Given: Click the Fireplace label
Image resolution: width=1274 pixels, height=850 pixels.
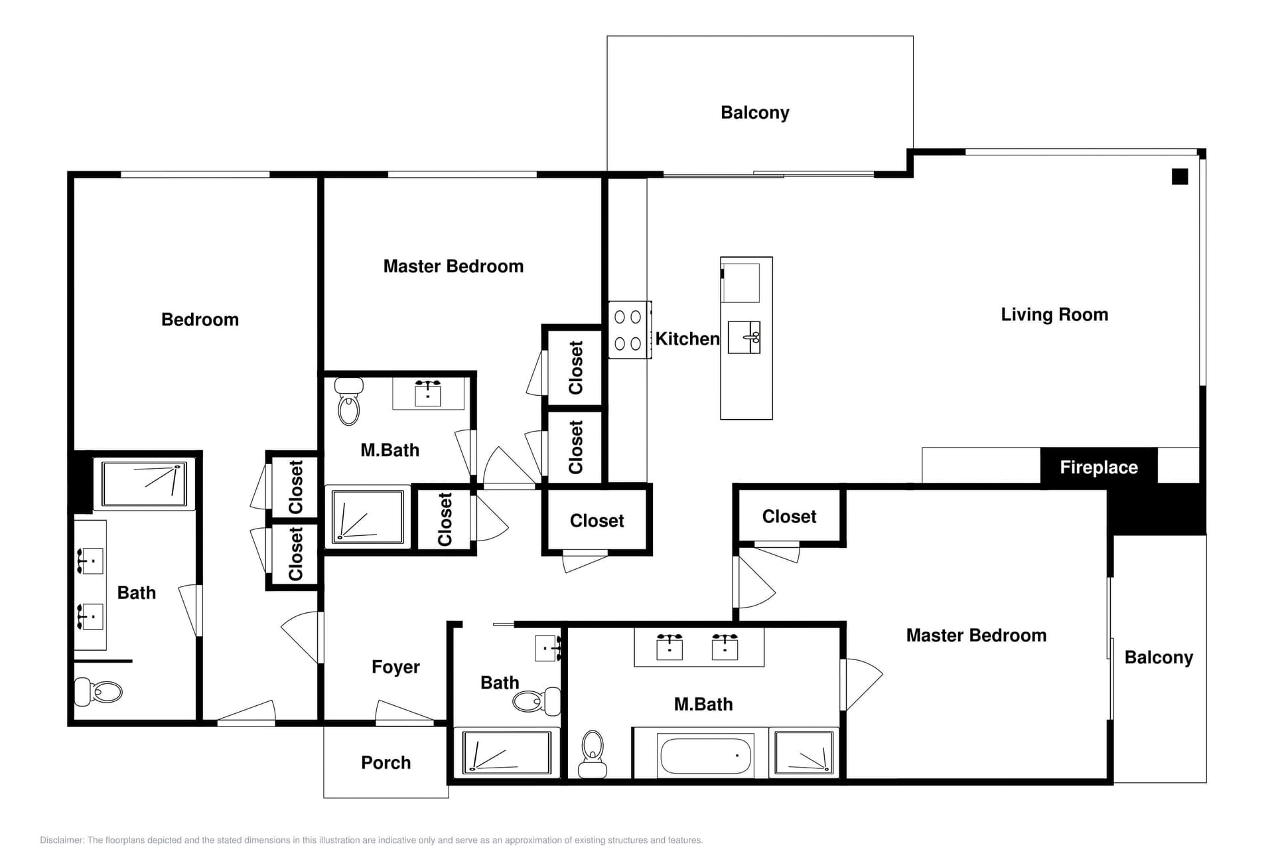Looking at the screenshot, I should tap(1098, 467).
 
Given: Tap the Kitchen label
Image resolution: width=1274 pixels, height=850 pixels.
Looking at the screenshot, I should tap(687, 339).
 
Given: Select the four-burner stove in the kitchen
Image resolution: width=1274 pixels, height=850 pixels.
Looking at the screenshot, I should tap(628, 330).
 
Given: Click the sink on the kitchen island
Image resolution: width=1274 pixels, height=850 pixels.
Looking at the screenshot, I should tap(744, 337).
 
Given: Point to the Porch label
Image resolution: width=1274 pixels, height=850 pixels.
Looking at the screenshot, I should tap(386, 762).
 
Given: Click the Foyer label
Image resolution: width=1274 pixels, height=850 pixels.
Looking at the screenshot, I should tap(395, 667).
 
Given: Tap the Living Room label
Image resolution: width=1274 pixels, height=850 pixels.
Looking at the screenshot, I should tap(1054, 314).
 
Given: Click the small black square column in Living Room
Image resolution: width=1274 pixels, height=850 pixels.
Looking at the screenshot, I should tap(1179, 177).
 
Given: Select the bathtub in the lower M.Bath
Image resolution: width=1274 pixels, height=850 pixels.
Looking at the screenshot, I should tap(705, 756).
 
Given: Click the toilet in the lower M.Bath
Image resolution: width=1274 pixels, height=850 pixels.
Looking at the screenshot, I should tap(592, 753).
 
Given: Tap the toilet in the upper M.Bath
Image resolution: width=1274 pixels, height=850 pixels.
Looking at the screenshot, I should tap(348, 402).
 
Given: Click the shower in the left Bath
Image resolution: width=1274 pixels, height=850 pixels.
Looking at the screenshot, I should tap(144, 483).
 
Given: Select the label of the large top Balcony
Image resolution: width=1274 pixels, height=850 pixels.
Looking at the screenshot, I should tap(754, 112).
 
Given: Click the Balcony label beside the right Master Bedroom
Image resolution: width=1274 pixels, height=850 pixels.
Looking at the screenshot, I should tap(1158, 657).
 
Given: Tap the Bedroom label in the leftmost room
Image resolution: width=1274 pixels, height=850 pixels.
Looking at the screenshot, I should tap(200, 319).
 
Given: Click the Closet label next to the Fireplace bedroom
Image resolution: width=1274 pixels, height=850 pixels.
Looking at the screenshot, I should tap(788, 516).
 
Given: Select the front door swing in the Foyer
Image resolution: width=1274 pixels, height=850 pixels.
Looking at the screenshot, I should tap(405, 713).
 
